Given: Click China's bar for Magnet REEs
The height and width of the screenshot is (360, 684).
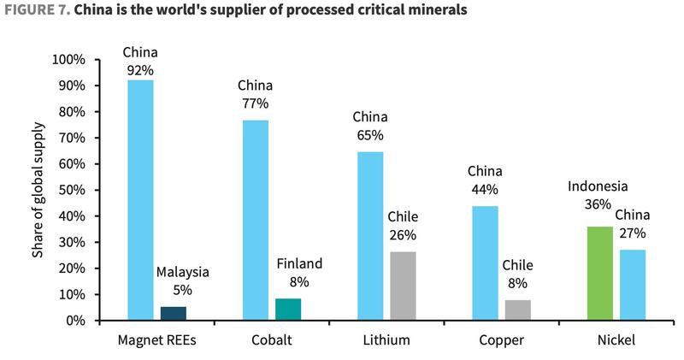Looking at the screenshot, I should [140, 200].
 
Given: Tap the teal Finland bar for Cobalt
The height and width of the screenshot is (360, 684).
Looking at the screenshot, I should [287, 310].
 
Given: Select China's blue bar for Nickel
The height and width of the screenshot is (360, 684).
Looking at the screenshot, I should [634, 285].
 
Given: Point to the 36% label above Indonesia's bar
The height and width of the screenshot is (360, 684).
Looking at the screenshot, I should [598, 204].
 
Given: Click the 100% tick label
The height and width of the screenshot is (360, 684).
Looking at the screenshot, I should [68, 60].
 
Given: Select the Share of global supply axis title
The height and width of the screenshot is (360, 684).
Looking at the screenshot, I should [37, 189].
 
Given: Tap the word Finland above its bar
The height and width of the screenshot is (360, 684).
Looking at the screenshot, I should [299, 263].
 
